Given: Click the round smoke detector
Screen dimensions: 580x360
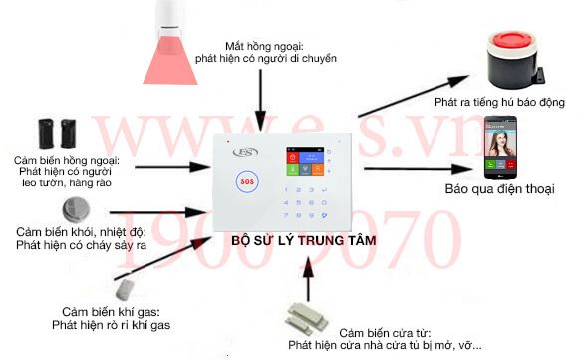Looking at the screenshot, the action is pos(72,209).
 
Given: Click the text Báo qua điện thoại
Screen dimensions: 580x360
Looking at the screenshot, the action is pos(497,188).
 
